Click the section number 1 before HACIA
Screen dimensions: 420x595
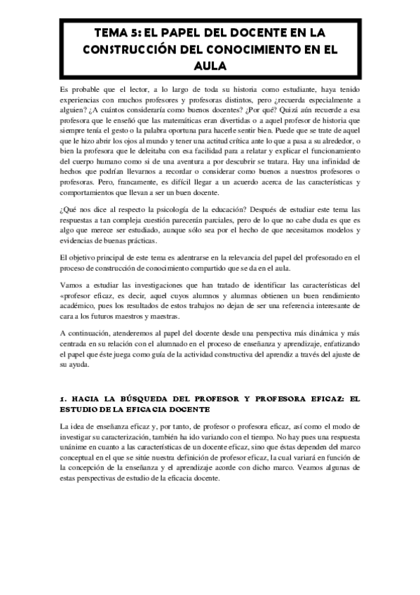tap(62, 399)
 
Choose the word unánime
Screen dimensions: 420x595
tap(77, 448)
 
